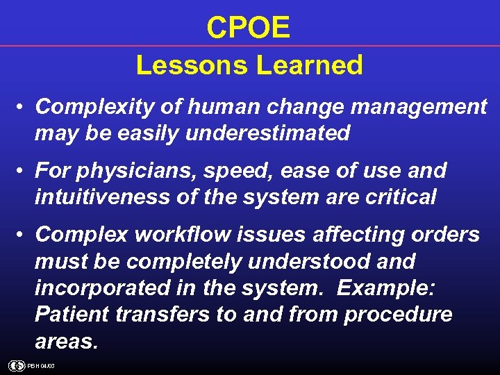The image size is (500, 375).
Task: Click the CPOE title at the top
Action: tap(249, 28)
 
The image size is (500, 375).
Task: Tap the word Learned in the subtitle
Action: tap(310, 65)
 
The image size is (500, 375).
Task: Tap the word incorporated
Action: tap(95, 287)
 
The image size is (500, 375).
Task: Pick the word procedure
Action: tap(398, 314)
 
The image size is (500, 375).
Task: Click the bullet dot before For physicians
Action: tap(23, 171)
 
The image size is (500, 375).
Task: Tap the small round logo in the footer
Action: tap(15, 365)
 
